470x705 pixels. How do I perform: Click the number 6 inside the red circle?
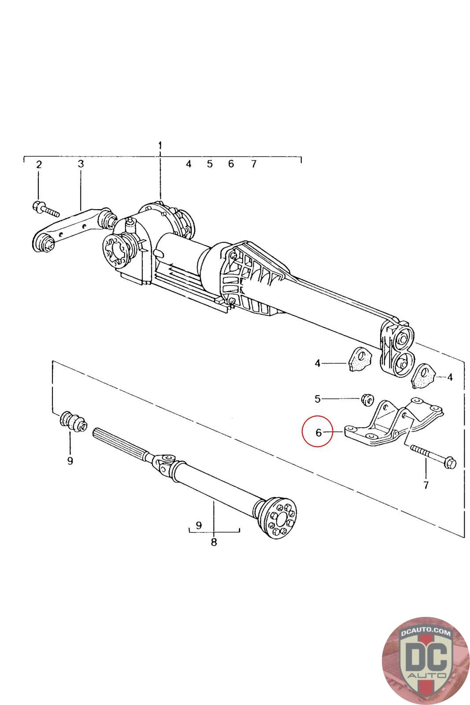319,432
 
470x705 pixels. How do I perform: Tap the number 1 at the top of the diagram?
160,145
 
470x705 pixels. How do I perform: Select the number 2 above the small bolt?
39,165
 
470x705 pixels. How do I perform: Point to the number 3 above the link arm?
81,164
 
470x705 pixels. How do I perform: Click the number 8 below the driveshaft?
214,542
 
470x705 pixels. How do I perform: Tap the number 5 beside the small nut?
318,399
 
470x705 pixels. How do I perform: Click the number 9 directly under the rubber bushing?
70,461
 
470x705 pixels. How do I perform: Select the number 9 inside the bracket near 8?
199,525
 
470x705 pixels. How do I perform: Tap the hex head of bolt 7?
451,463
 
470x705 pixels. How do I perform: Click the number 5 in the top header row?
210,164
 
